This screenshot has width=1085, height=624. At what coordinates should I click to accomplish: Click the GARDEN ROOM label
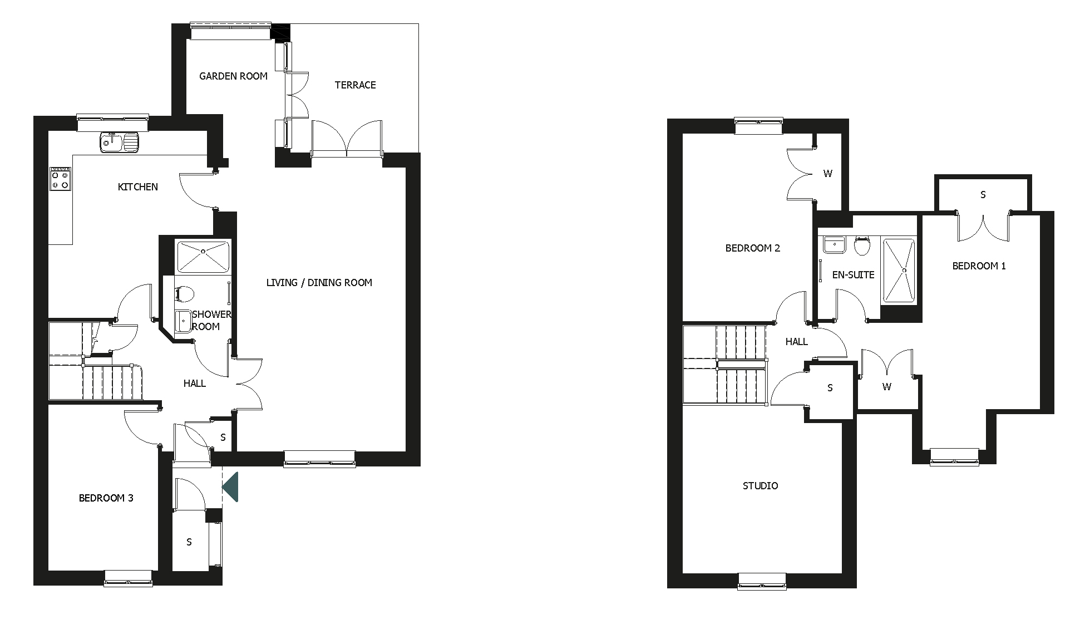point(233,76)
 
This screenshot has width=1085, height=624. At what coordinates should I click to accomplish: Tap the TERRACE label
point(355,85)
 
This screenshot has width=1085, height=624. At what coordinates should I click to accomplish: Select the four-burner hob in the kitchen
point(60,179)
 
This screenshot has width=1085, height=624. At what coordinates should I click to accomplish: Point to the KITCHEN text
point(137,187)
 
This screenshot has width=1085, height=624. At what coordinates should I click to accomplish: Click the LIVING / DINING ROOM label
point(319,283)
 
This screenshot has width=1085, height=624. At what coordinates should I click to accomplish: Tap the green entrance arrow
point(231,487)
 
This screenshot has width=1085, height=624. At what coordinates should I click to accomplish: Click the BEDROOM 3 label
point(106,498)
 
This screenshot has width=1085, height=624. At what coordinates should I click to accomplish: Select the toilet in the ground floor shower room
point(184,294)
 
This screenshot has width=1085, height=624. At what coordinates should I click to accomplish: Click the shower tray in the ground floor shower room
point(203,256)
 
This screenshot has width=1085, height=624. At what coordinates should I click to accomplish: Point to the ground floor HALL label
point(194,384)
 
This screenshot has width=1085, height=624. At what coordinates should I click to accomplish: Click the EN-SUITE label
point(853,275)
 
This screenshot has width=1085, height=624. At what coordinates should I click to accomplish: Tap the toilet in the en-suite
point(862,245)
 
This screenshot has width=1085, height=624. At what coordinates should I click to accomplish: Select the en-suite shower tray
point(899,271)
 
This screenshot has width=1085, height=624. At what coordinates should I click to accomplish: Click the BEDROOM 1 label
point(979,266)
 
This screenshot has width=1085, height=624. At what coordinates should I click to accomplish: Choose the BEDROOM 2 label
point(752,248)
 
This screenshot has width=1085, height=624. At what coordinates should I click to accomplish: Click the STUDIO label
point(760,486)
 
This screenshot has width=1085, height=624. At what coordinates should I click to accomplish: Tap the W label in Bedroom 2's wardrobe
point(827,174)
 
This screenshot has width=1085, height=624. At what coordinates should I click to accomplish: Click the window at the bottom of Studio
point(762,581)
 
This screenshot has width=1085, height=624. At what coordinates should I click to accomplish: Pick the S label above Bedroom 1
point(983,195)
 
